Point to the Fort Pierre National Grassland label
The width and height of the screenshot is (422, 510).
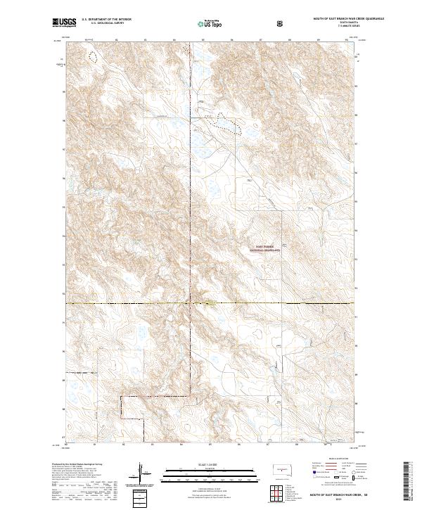click(267, 248)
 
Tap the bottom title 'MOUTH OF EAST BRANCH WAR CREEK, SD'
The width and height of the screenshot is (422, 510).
click(333, 495)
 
